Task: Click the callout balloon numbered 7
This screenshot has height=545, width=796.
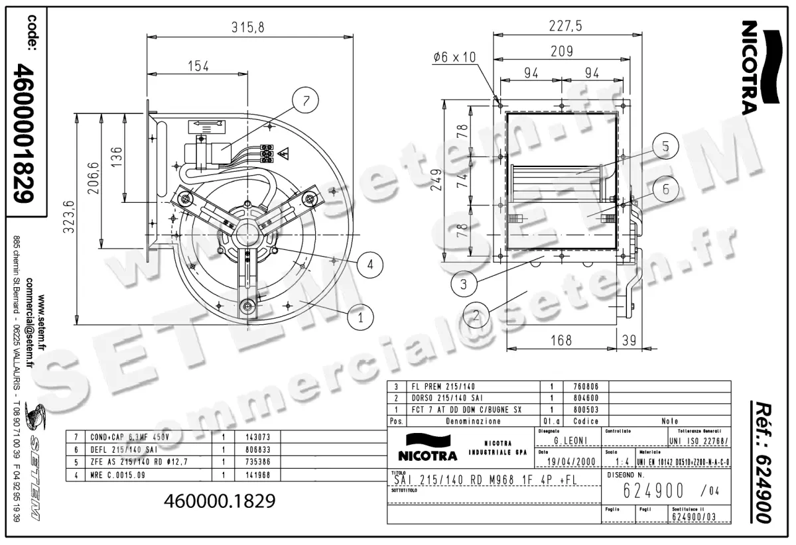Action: [306, 101]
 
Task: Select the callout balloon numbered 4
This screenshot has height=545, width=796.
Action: [370, 265]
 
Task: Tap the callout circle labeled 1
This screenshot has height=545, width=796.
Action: [361, 318]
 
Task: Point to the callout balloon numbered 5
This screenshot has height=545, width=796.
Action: [664, 147]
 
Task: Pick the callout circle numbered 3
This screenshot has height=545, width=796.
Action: [464, 285]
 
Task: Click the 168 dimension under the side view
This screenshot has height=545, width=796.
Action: [561, 340]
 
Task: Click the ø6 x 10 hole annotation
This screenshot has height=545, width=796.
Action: [454, 58]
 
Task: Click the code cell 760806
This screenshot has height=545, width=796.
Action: [586, 387]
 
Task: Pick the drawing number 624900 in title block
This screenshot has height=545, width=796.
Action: [654, 491]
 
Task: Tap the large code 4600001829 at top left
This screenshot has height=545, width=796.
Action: [26, 133]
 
